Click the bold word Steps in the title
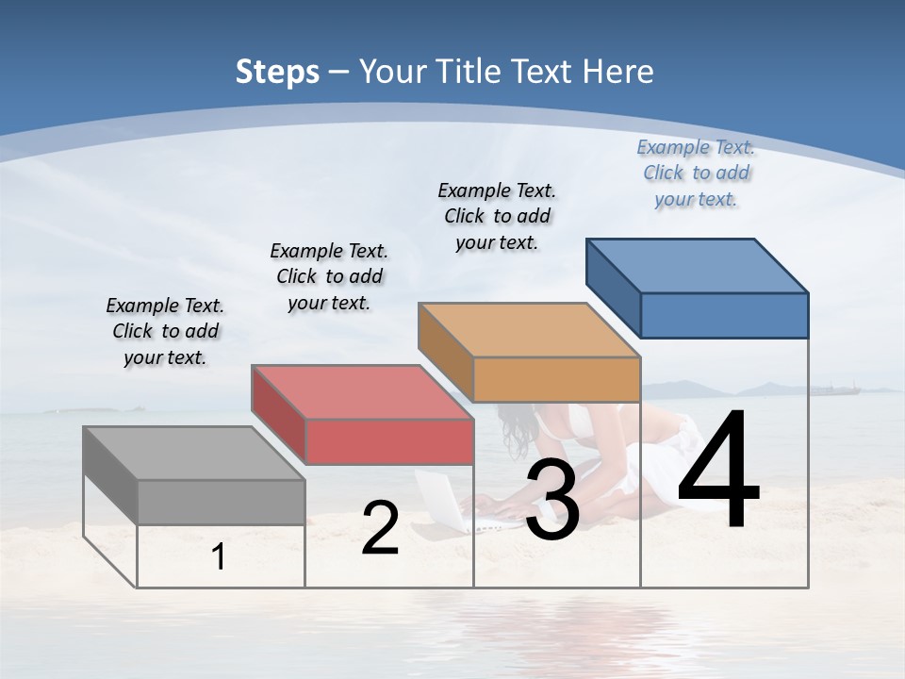coord(277,72)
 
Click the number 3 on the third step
coord(552,500)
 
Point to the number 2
coord(380,528)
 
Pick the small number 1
coord(219,557)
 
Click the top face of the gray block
coord(194,453)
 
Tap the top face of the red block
coord(362,392)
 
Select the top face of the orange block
coord(529,330)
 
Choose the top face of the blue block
coord(697,266)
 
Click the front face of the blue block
coord(724,315)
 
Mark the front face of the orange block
coord(556,379)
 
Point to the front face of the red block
coord(389,441)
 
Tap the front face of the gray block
coord(222,502)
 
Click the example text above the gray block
coord(165,332)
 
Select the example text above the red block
coord(329,277)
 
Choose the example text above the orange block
coord(497,216)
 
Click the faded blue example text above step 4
coord(696,174)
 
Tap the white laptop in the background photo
coord(441,500)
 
